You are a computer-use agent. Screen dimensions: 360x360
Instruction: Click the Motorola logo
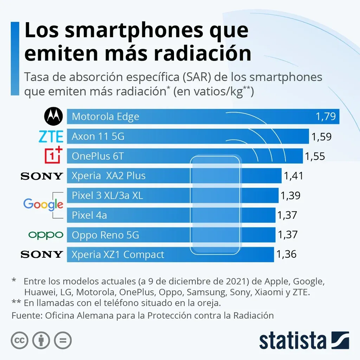tap(53, 116)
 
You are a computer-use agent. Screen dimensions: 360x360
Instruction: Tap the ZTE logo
tap(51, 136)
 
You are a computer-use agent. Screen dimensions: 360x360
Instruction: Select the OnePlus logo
tap(53, 156)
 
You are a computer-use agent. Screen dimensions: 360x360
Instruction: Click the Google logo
tap(43, 204)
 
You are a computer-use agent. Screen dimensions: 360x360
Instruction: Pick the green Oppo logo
tap(46, 235)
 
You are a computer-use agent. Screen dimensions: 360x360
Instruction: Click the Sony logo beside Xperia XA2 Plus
tap(42, 176)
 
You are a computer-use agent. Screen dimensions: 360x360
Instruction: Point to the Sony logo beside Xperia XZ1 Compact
tap(42, 254)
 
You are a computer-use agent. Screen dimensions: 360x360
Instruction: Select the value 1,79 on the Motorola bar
tap(326, 117)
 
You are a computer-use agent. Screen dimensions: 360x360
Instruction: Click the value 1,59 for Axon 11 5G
tap(321, 137)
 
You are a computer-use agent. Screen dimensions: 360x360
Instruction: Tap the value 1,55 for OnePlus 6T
tap(315, 156)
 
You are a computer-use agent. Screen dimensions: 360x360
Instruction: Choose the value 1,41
tap(293, 176)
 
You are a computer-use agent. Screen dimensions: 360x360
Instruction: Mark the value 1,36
tap(286, 254)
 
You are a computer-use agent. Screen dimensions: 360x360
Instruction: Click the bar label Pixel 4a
tap(89, 215)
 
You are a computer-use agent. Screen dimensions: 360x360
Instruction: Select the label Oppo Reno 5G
tap(105, 235)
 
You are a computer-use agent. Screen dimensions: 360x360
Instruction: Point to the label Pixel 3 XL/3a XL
tap(107, 195)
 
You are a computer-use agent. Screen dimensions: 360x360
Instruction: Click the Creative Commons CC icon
tap(20, 340)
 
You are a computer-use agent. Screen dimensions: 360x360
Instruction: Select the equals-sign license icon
tap(63, 340)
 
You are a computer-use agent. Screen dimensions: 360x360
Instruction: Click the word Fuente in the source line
tap(26, 315)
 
